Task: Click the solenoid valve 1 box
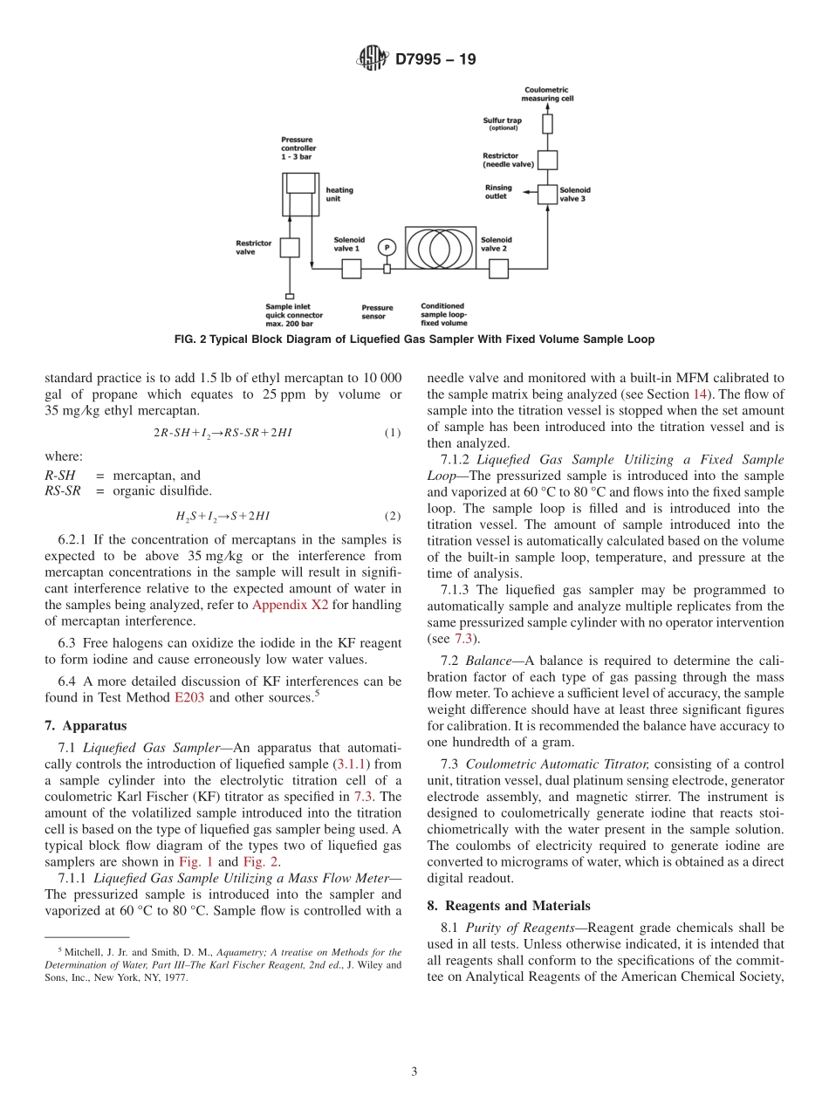[x=351, y=269]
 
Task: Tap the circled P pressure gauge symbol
[x=387, y=248]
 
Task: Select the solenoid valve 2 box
[x=498, y=269]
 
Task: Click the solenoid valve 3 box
[x=547, y=195]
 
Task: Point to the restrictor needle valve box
[x=547, y=160]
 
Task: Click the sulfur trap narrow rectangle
[x=547, y=123]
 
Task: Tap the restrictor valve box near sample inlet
[x=290, y=248]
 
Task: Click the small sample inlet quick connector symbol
[x=290, y=297]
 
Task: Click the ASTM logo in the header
[x=373, y=59]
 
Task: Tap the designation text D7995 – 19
[x=435, y=60]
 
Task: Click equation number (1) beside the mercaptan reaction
[x=393, y=433]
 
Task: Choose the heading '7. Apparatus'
[x=86, y=725]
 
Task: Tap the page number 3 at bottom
[x=414, y=1072]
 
